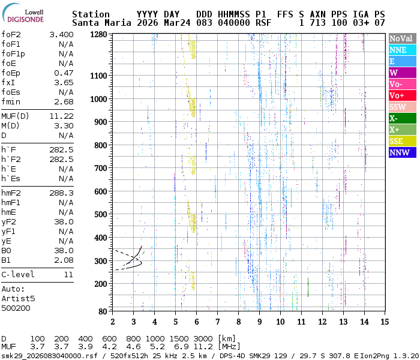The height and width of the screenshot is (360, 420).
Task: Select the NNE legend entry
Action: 402,50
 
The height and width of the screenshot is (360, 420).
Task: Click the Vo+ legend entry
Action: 402,95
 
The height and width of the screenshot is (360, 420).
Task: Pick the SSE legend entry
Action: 402,141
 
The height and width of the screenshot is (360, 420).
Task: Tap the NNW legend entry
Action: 402,152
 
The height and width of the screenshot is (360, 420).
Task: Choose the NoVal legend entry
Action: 402,38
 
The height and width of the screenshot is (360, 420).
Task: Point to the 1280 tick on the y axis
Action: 98,35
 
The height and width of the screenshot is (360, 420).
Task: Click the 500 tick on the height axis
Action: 101,214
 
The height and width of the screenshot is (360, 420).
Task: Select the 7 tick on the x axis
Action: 217,321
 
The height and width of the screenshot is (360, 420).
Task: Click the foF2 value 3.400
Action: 61,34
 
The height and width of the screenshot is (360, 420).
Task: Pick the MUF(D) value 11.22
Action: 61,116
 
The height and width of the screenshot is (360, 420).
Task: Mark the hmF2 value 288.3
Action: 61,193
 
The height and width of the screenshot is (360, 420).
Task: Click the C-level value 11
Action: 68,274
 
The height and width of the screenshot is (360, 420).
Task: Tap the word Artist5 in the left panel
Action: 18,298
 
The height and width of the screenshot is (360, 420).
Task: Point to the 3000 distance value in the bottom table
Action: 203,339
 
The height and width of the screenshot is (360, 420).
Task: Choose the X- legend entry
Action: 402,118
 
